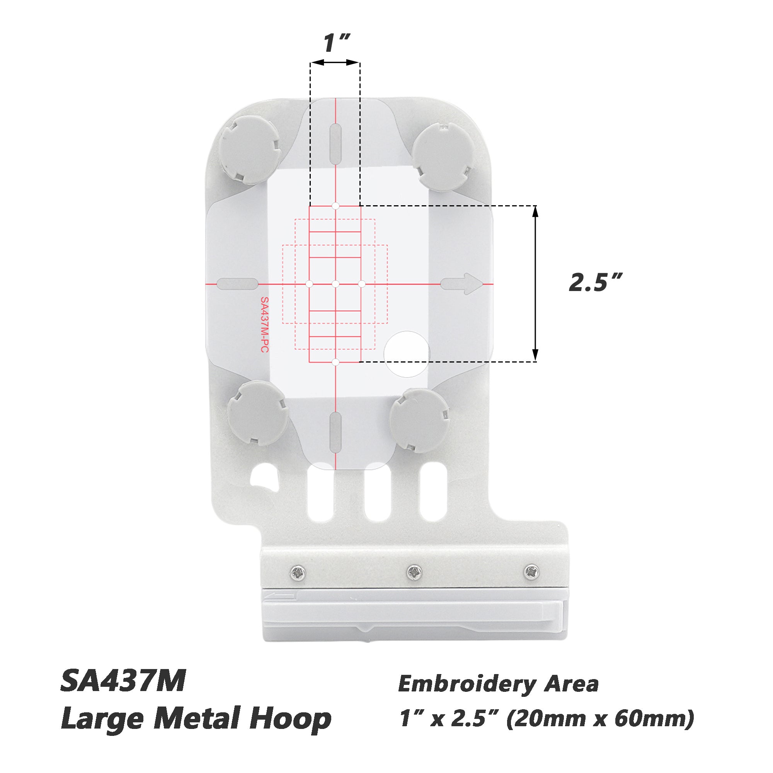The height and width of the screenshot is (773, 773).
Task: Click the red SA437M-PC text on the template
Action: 264,325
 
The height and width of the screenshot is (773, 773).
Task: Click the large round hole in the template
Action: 407,354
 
